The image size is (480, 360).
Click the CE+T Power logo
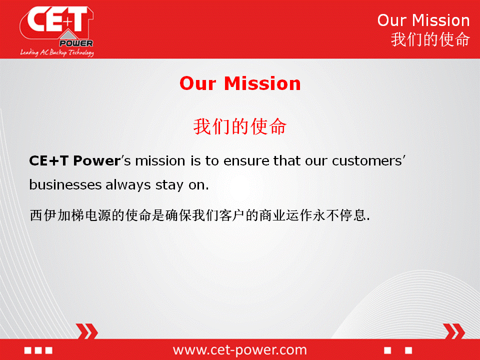click(x=56, y=27)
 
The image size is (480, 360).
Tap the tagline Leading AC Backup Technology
click(x=57, y=52)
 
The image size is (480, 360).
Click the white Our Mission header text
click(x=423, y=20)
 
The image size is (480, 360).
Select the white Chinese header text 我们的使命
click(x=430, y=39)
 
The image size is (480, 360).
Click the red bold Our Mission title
click(x=240, y=83)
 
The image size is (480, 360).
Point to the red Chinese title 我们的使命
click(x=240, y=126)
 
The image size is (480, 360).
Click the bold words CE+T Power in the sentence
click(x=74, y=160)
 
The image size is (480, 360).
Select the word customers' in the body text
click(x=368, y=160)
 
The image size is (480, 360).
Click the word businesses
click(x=65, y=184)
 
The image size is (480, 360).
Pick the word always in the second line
click(x=128, y=185)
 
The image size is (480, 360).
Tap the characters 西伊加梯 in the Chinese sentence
click(x=56, y=215)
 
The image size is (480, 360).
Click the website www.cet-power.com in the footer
click(x=240, y=349)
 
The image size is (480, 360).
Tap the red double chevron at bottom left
click(x=87, y=331)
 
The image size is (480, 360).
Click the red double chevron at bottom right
click(x=454, y=331)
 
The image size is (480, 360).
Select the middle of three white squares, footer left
click(x=38, y=350)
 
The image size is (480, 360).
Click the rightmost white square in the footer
click(x=408, y=350)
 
